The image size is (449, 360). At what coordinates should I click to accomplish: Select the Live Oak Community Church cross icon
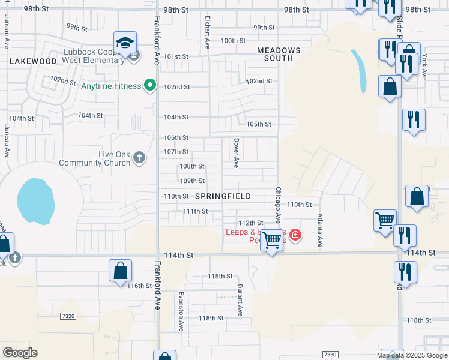[x=139, y=158]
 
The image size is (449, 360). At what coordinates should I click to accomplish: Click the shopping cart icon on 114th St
[x=272, y=241]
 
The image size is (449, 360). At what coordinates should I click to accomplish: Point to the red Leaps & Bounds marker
[x=295, y=234]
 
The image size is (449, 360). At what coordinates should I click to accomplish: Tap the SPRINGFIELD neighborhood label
[x=223, y=196]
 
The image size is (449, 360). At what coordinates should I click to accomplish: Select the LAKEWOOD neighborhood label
[x=33, y=61]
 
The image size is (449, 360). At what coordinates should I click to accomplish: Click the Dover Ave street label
[x=236, y=154]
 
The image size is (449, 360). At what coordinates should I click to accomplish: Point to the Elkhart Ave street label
[x=208, y=35]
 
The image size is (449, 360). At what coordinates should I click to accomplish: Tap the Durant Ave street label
[x=240, y=300]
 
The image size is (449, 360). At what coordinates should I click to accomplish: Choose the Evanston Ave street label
[x=181, y=311]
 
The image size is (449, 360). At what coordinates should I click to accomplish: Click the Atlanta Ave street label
[x=320, y=231]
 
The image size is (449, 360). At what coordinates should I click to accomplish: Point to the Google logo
[x=20, y=353]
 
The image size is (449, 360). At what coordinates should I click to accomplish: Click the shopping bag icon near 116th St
[x=120, y=271]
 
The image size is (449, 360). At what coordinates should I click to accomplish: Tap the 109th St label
[x=193, y=181]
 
